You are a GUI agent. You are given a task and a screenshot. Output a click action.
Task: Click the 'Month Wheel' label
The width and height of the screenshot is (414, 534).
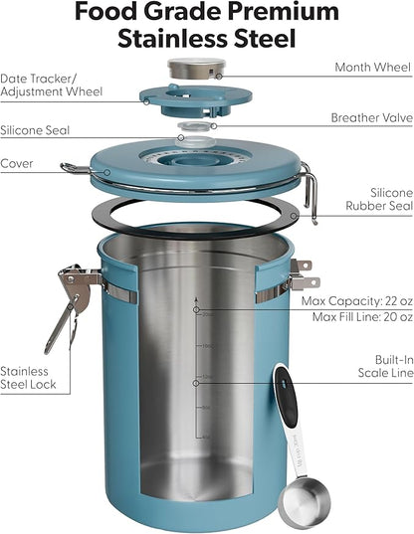[373, 67]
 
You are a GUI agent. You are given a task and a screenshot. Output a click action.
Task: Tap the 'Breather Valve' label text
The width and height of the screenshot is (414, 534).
[372, 117]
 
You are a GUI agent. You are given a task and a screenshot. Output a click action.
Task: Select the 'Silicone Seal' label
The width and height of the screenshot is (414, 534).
[35, 130]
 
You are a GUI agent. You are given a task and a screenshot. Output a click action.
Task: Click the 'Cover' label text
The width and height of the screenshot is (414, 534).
[17, 163]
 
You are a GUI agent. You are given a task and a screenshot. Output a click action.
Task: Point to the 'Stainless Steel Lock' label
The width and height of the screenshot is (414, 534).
[28, 378]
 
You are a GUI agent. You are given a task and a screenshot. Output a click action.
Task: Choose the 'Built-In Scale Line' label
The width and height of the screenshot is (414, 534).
[386, 366]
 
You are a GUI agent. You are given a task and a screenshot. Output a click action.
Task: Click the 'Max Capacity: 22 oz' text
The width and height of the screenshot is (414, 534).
[357, 301]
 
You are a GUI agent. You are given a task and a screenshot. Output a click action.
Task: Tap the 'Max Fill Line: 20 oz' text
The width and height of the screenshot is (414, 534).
[362, 317]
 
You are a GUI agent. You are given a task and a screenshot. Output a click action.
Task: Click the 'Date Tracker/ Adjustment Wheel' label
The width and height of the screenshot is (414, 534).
[51, 86]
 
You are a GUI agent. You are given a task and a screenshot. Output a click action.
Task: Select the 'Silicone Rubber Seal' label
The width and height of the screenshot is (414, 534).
[379, 199]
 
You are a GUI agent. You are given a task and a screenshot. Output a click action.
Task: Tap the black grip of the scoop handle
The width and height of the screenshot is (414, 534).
[286, 396]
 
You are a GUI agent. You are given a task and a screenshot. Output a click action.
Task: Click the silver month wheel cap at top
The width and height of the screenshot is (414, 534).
[197, 68]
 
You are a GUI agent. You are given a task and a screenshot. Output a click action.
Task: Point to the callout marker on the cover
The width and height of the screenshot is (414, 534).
[107, 172]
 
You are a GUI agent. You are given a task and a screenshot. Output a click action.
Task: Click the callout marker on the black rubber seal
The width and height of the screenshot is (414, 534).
[294, 216]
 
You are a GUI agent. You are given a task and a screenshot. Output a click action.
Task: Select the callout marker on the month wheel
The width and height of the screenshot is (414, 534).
[219, 77]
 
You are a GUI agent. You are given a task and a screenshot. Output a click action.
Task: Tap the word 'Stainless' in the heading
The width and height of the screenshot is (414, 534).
[172, 38]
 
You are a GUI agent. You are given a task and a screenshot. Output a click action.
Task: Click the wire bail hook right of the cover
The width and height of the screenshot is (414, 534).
[310, 192]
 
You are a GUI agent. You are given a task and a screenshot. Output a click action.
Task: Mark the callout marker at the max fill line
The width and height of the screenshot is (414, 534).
[196, 310]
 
